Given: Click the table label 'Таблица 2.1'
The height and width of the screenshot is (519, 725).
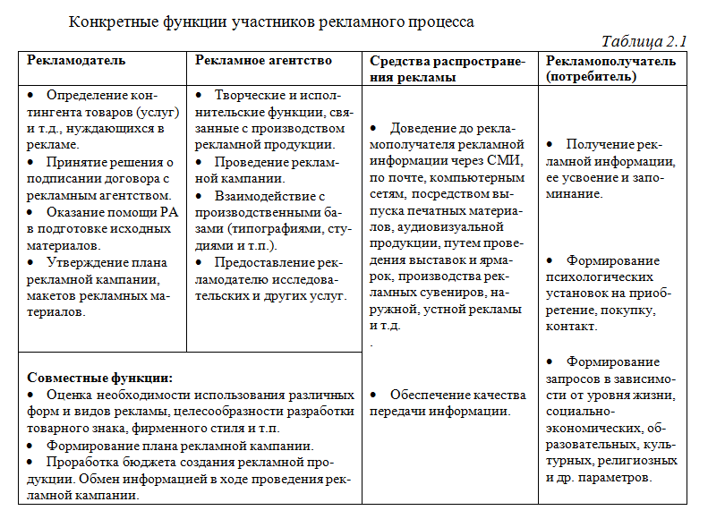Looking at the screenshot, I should click(x=644, y=41).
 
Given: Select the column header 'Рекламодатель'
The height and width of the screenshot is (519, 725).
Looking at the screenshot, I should click(x=76, y=61).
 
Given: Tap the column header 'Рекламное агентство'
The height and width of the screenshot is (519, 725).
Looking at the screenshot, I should click(x=263, y=61).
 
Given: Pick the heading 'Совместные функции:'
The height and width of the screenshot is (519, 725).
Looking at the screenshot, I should click(x=100, y=379).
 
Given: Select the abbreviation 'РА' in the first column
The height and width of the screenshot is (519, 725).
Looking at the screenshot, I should click(x=167, y=212).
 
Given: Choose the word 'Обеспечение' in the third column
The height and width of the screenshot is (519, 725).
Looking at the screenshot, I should click(x=434, y=395).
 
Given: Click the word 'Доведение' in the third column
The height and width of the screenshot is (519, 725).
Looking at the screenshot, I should click(x=426, y=128).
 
